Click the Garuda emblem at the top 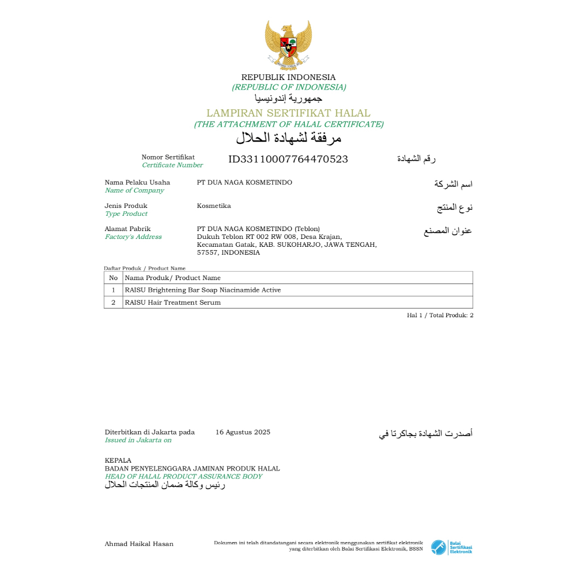coord(288,45)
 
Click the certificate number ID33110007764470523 coord(288,159)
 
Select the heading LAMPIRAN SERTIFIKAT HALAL coord(288,113)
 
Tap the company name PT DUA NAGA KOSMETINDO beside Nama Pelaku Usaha coord(245,183)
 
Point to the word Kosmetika coord(214,206)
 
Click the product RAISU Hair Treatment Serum coord(172,303)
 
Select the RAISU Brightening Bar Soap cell coord(203,290)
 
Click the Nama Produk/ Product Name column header coord(172,278)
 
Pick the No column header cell coord(113,278)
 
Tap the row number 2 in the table coord(113,303)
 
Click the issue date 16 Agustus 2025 coord(243,432)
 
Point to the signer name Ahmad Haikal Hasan coord(139,544)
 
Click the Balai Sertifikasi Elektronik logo coord(451,547)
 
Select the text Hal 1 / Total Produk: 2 coord(440,316)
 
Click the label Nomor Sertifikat coord(168,157)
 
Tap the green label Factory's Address coord(133,237)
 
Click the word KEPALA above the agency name coord(118,460)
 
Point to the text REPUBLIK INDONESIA coord(288,77)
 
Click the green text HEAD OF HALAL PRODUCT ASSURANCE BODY coord(184,477)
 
